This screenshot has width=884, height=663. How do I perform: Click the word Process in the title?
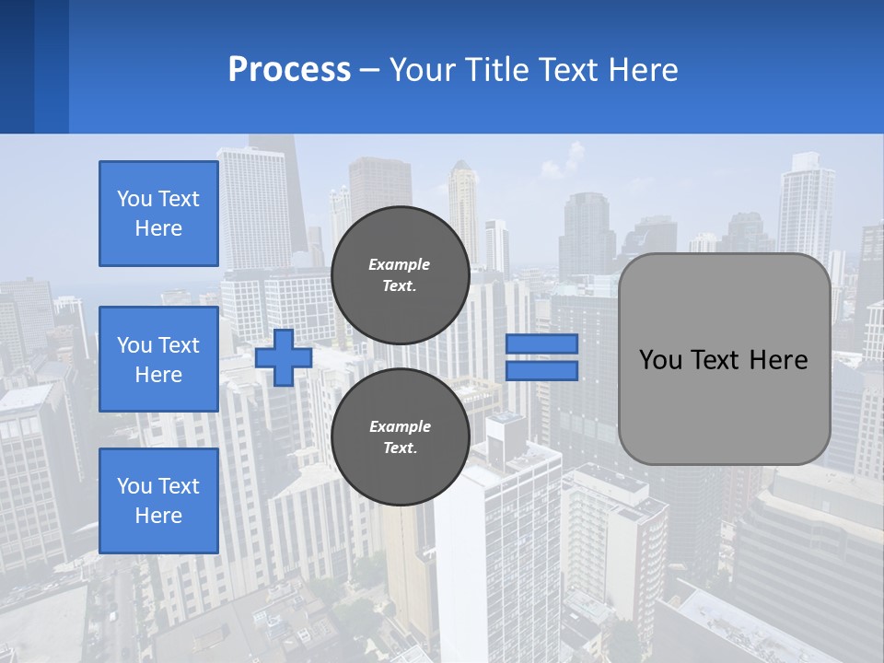coord(289,70)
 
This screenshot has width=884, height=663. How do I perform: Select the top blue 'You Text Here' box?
coord(158,214)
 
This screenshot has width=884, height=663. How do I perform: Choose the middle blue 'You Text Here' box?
coord(158,359)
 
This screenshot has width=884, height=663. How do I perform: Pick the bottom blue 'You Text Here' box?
coord(158,500)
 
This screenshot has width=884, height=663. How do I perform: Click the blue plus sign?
coord(284,357)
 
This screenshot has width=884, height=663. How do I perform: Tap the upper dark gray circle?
coord(400,274)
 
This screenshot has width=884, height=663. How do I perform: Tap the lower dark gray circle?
coord(400,436)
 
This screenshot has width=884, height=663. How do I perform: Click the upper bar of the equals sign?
coord(541,344)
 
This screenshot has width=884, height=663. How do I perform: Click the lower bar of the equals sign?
coord(541,370)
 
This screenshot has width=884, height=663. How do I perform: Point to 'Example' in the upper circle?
coord(400,264)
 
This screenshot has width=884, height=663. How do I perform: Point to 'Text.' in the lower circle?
coord(400,448)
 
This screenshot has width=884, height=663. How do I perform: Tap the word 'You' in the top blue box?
coord(134,199)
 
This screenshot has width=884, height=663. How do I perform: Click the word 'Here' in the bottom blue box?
coord(158,516)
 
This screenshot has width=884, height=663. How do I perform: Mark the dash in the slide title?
coord(369,71)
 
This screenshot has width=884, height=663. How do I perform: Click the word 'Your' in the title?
coord(421,70)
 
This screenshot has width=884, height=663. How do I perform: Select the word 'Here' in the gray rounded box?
coord(778,360)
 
